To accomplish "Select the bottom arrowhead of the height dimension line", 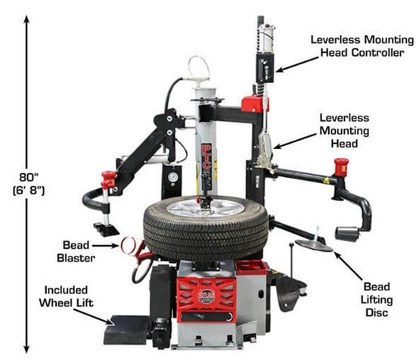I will point(28,350).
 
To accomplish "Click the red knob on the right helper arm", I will point(341,166).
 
